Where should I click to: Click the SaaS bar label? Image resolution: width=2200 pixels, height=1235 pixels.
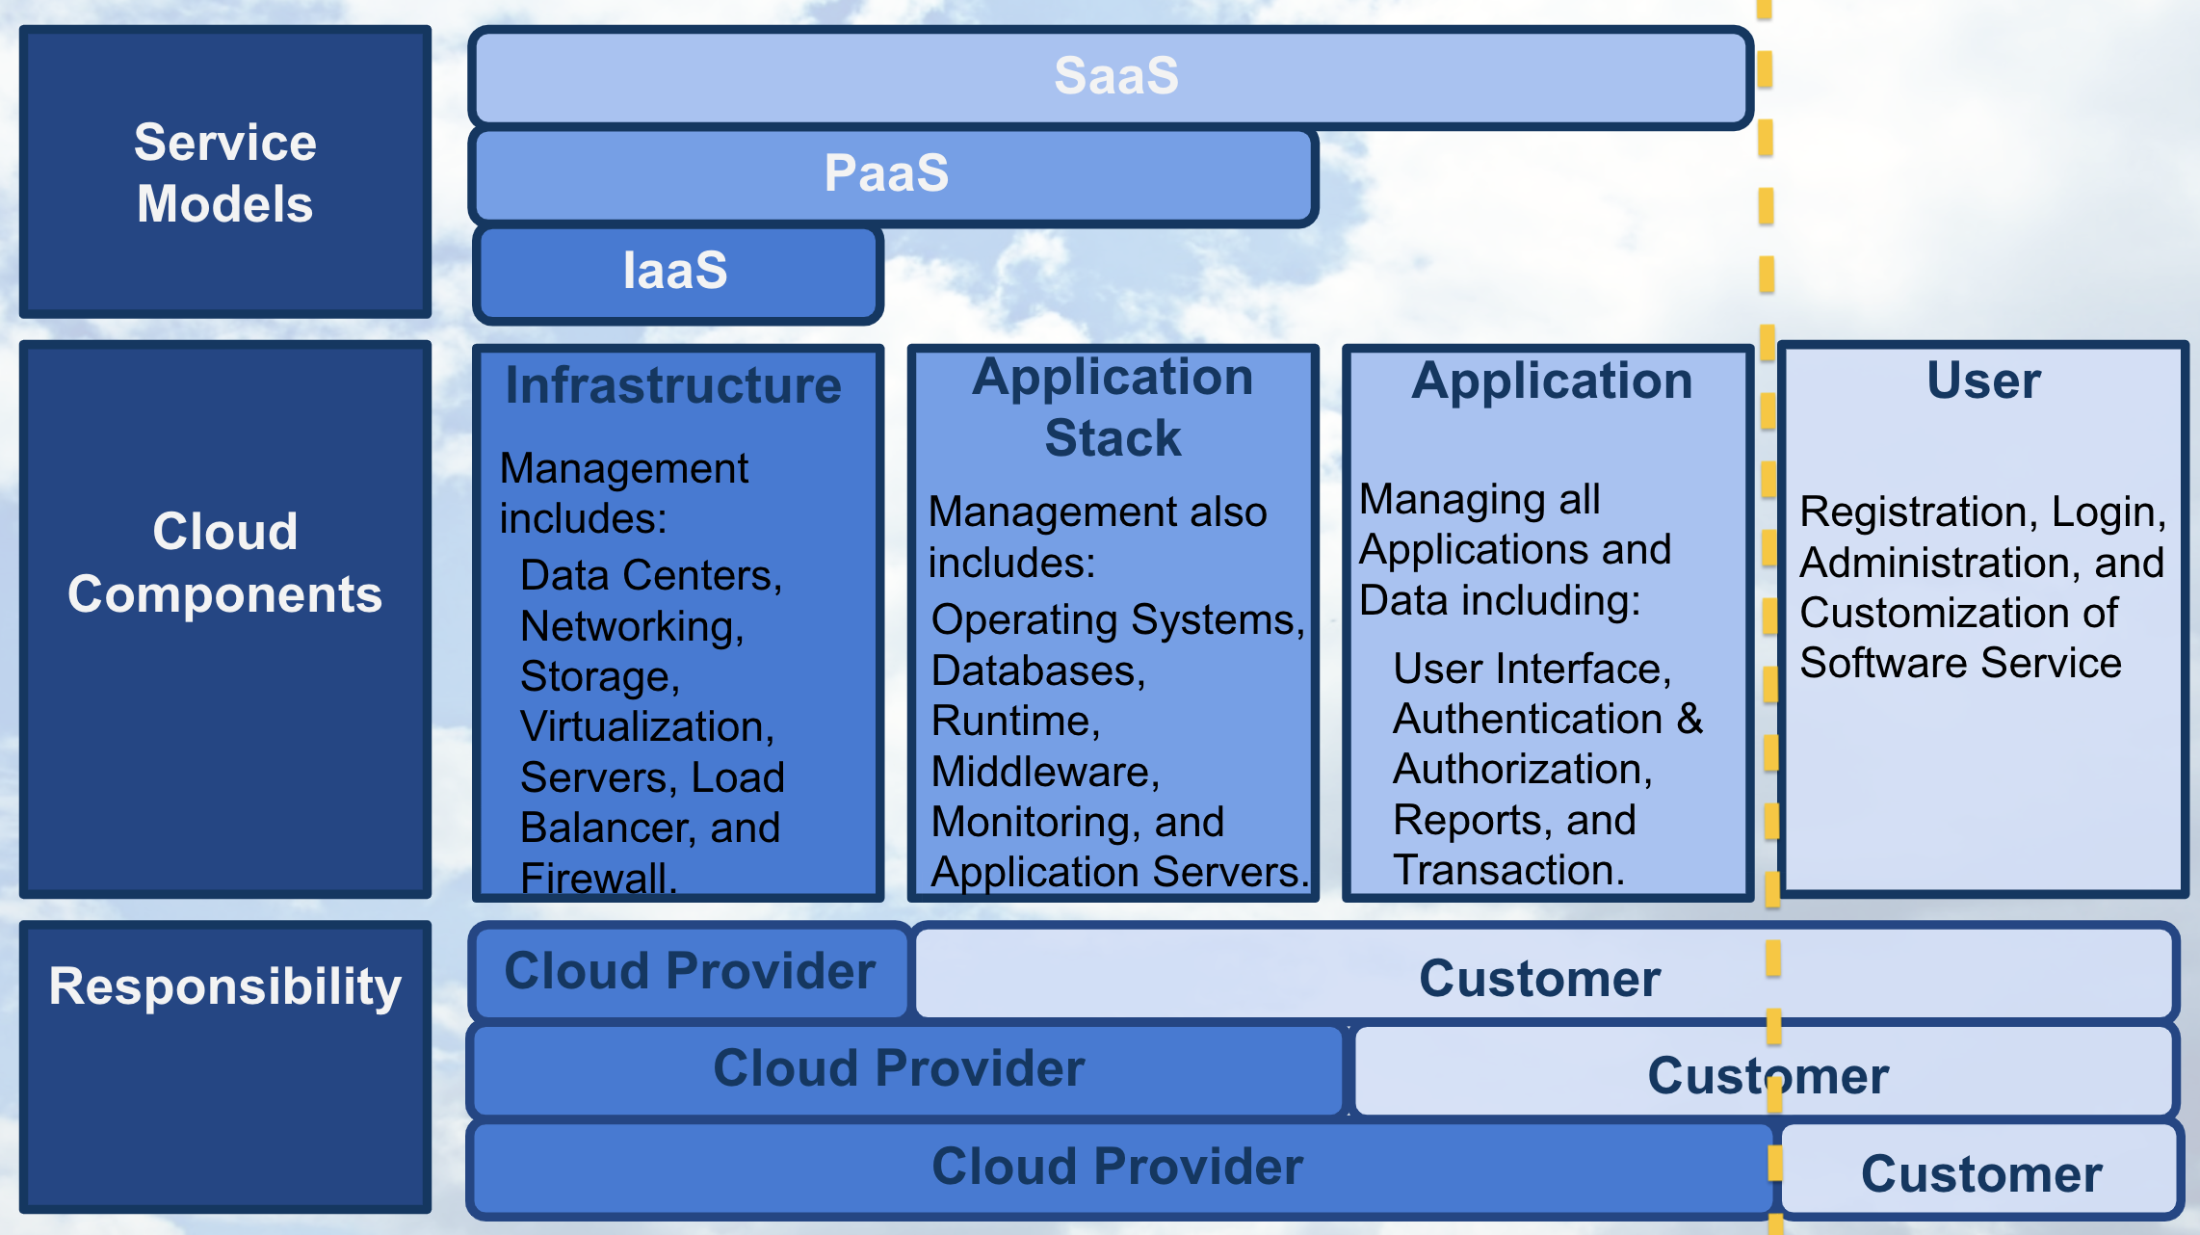pos(1115,76)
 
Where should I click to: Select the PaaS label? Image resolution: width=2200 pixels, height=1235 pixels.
pos(886,173)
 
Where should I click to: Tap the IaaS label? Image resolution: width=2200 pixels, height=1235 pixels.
pos(675,271)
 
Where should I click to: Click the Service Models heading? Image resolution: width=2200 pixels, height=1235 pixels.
pos(224,173)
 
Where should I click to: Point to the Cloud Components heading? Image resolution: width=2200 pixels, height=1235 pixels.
pos(224,563)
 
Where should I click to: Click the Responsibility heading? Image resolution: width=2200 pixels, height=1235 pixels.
pos(224,986)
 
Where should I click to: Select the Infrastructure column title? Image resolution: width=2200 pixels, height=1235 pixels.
pos(673,385)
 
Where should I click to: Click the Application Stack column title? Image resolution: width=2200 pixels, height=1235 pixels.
pos(1113,407)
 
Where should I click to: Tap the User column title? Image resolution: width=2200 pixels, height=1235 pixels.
pos(1983,381)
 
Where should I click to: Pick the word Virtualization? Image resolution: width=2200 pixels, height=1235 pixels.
pos(644,727)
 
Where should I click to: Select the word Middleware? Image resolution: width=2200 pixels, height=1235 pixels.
pos(1042,772)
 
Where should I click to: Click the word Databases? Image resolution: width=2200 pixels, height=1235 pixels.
pos(1035,670)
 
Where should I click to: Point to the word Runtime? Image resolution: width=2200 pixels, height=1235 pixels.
pos(1012,722)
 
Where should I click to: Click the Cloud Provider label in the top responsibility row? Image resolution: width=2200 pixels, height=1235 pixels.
pos(690,971)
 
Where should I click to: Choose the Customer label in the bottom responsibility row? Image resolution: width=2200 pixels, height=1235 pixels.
pos(1981,1174)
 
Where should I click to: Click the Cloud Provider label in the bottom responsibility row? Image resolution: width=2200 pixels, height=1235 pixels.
pos(1117,1167)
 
